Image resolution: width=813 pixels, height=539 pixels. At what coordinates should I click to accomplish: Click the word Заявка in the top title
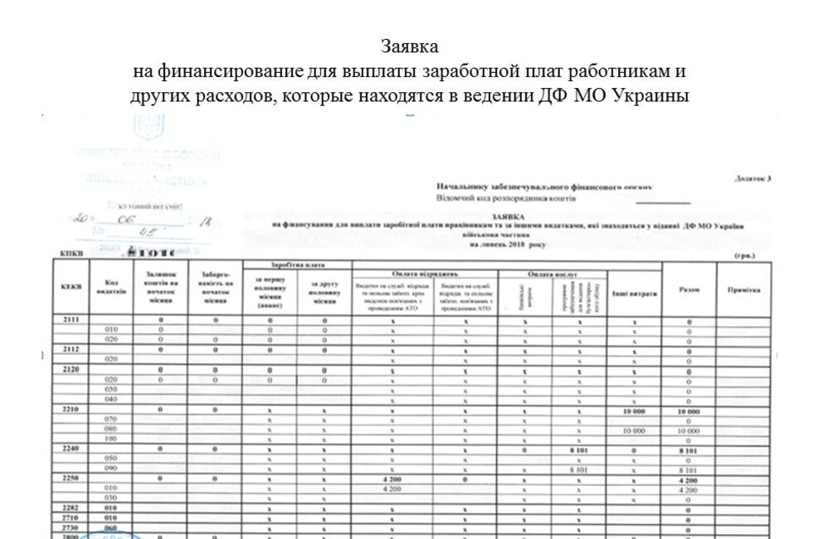[x=409, y=46]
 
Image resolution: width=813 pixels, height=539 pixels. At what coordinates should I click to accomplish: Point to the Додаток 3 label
[x=752, y=178]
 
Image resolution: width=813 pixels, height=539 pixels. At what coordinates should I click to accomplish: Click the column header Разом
[x=689, y=289]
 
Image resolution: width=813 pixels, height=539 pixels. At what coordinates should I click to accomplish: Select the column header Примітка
[x=743, y=289]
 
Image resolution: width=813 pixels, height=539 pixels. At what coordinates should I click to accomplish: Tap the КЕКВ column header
[x=71, y=287]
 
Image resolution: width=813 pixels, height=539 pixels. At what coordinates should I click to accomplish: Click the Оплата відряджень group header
[x=425, y=273]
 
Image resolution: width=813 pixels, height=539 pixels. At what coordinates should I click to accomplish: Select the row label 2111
[x=71, y=319]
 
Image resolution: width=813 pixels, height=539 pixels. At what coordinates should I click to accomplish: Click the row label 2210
[x=71, y=410]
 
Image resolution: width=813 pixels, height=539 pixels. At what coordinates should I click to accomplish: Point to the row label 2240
[x=71, y=449]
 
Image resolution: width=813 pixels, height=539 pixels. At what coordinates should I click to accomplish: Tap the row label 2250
[x=71, y=478]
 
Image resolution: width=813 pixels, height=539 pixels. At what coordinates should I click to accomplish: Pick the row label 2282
[x=71, y=508]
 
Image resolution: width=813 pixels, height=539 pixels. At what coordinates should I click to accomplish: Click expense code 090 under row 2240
[x=110, y=469]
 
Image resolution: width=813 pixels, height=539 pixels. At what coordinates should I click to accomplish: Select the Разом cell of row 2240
[x=689, y=449]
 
